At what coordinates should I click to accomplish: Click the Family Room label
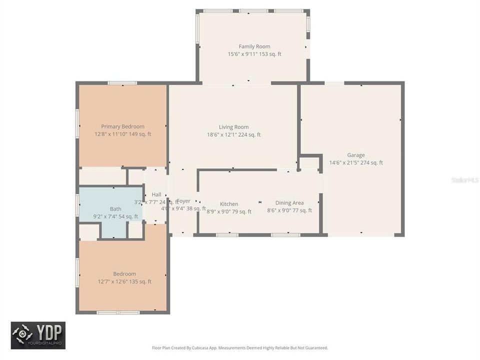254,46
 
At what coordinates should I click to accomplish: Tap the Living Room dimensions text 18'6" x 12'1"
234,134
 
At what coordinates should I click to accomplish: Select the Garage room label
356,155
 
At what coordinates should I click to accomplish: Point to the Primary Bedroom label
122,126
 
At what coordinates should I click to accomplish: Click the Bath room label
115,209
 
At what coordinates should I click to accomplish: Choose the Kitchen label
229,204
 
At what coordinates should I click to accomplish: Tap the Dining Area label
289,203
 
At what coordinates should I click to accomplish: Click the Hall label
156,194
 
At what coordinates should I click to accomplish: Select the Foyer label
183,200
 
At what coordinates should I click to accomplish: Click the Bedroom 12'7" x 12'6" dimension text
124,281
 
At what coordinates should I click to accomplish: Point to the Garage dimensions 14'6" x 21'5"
356,162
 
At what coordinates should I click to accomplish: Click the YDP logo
38,335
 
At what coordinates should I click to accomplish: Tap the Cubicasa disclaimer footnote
240,347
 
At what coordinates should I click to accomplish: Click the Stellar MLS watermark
464,179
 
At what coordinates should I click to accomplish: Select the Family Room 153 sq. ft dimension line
254,54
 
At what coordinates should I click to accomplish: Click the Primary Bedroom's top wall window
122,83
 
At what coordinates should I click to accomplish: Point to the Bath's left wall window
77,205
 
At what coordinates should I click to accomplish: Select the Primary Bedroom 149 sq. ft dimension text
122,134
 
